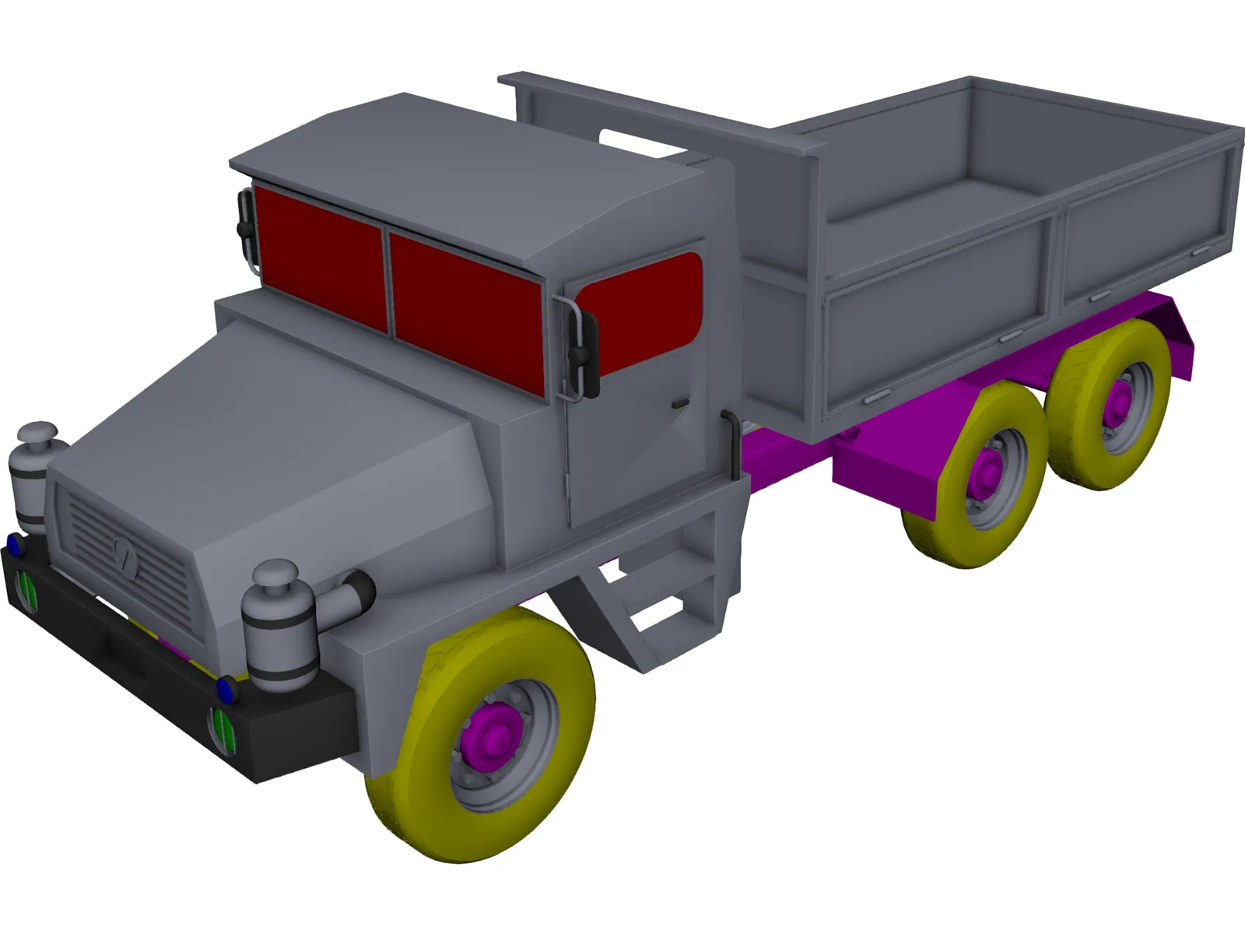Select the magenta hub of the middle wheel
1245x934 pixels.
(x=988, y=469)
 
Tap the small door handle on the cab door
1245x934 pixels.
(x=680, y=403)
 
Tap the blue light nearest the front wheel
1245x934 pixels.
(x=226, y=687)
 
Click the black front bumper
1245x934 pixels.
(x=156, y=669)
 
